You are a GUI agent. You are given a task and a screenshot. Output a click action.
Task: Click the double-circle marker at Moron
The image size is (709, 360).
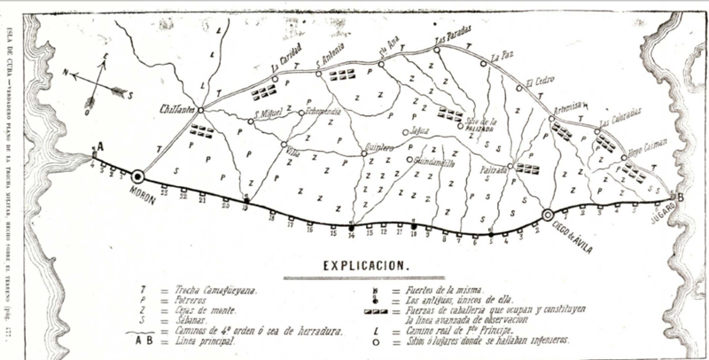139,176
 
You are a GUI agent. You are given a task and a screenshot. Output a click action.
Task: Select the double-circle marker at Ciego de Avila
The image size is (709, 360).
548,214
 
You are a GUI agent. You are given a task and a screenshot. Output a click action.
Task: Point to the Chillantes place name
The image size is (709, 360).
176,109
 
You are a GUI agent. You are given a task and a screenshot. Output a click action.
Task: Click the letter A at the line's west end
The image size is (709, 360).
100,146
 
